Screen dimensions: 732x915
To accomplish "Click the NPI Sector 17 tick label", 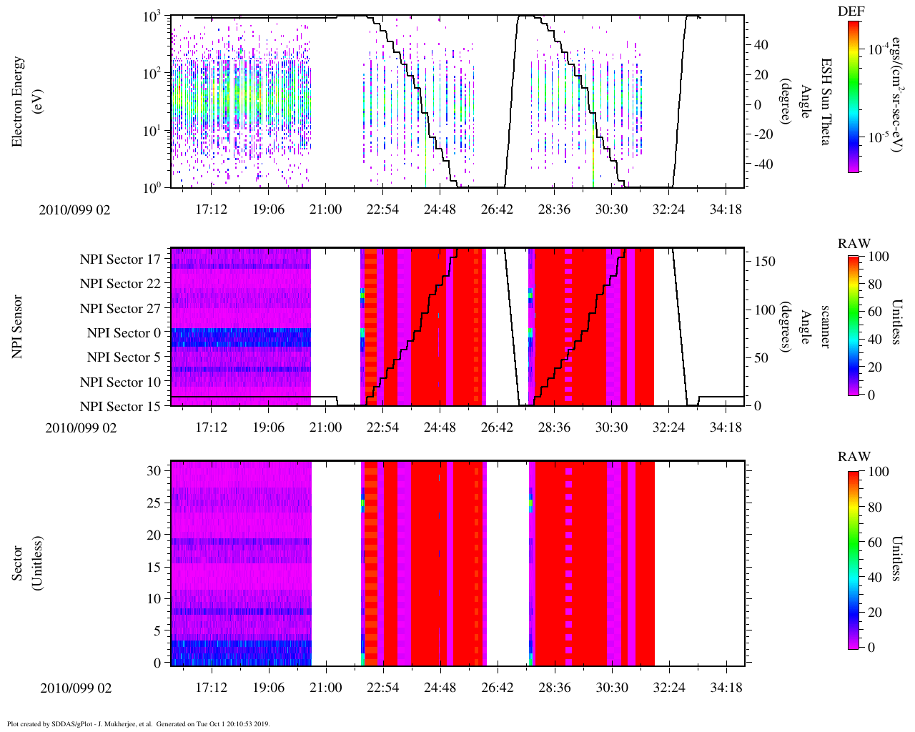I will coord(121,259).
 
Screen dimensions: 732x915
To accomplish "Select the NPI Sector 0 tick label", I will coord(124,333).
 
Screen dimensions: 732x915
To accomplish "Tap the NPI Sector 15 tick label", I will coord(121,407).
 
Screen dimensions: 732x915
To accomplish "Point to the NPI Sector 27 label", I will coord(121,309).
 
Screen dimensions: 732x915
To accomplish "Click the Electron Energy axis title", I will coord(24,102).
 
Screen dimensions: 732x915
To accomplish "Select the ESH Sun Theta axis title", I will coord(824,102).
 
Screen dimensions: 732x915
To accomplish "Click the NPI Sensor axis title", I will coord(17,327).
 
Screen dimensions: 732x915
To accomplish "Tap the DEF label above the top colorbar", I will coord(851,11).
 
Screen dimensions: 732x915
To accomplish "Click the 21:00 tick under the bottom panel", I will coord(325,688).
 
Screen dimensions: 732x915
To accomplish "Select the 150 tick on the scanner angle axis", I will coord(766,262).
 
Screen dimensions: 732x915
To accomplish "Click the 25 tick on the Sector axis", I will coord(157,503).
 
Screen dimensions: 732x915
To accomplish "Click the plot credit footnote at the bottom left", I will coord(138,723).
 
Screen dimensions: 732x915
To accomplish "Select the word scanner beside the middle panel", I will coord(824,327).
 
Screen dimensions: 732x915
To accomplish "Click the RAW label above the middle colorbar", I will coord(854,244).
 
